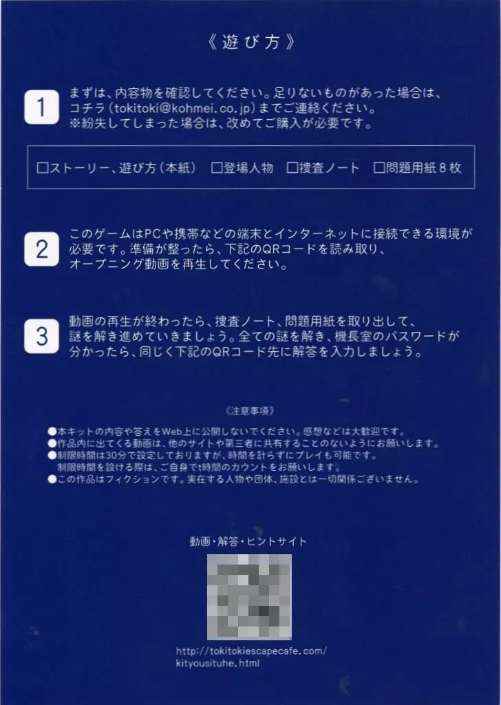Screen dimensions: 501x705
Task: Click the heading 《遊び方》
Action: pyautogui.click(x=250, y=42)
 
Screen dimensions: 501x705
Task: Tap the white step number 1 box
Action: pyautogui.click(x=41, y=107)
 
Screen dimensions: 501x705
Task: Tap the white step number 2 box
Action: pyautogui.click(x=41, y=249)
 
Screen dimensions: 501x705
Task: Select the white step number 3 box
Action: pyautogui.click(x=41, y=336)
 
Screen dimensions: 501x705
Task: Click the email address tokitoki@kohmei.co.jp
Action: pyautogui.click(x=184, y=108)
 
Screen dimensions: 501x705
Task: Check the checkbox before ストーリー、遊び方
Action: pyautogui.click(x=42, y=168)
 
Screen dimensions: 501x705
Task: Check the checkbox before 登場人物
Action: pyautogui.click(x=217, y=168)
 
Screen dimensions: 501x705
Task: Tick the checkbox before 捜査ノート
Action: pyautogui.click(x=292, y=168)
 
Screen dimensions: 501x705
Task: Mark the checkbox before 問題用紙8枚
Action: pyautogui.click(x=379, y=168)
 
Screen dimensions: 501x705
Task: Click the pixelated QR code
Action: pyautogui.click(x=249, y=597)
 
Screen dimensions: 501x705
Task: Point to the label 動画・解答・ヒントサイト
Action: pyautogui.click(x=248, y=541)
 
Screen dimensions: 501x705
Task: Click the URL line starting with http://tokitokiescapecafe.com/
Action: pyautogui.click(x=251, y=651)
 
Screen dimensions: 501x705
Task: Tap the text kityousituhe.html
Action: pyautogui.click(x=217, y=663)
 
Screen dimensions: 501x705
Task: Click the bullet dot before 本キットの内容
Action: pyautogui.click(x=52, y=432)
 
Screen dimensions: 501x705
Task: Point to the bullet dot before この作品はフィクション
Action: pyautogui.click(x=52, y=479)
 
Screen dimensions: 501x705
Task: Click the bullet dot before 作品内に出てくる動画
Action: pyautogui.click(x=52, y=444)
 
